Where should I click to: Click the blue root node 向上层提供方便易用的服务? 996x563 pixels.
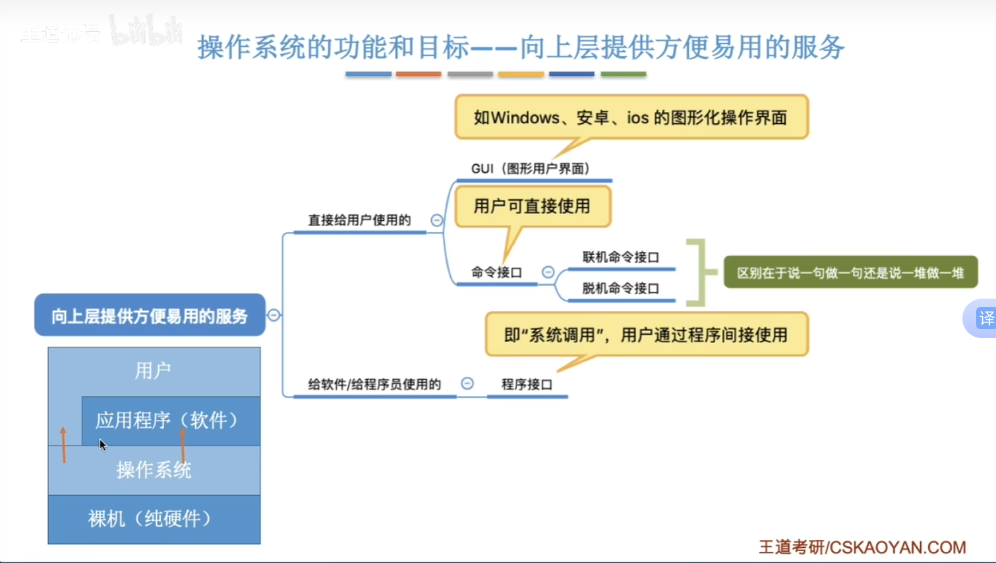click(x=150, y=315)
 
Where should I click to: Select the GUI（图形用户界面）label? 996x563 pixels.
click(x=531, y=169)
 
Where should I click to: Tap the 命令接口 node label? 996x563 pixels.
click(x=496, y=272)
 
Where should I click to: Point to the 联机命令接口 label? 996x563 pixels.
click(x=621, y=257)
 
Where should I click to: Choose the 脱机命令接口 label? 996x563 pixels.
click(x=621, y=289)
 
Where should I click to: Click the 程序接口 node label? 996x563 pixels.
click(x=527, y=384)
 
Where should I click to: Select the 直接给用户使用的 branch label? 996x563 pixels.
click(x=359, y=220)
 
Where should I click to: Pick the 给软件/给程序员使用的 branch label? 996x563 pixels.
click(x=374, y=384)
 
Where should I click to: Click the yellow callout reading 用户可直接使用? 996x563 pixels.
click(x=533, y=206)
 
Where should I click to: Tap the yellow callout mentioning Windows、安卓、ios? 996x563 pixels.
click(x=631, y=117)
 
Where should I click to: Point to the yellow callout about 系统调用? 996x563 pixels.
click(x=647, y=334)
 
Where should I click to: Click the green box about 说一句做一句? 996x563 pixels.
click(x=850, y=272)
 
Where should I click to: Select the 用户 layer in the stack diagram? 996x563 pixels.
click(x=154, y=371)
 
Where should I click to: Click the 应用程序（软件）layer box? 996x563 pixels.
click(x=171, y=421)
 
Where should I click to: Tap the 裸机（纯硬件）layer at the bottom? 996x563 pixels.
click(x=154, y=519)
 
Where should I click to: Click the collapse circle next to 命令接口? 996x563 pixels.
click(x=548, y=272)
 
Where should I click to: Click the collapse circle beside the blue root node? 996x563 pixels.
click(x=274, y=315)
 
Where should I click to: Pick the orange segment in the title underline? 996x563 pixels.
click(x=419, y=74)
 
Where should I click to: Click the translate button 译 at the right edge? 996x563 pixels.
click(x=986, y=318)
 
